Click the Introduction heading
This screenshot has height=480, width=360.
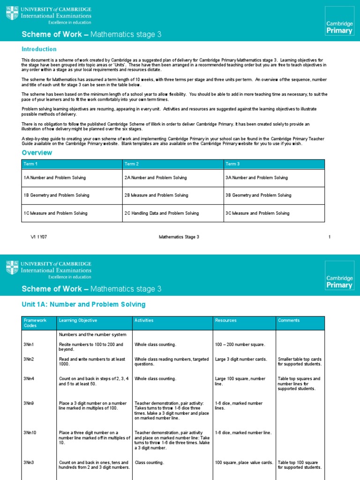[x=39, y=49]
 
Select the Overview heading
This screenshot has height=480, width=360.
[x=37, y=153]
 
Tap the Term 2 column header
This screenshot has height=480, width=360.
[x=132, y=164]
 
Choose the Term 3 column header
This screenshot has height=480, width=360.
[x=233, y=164]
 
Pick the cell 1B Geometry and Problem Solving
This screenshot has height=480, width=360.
[x=56, y=195]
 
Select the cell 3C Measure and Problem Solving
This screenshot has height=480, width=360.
[x=257, y=213]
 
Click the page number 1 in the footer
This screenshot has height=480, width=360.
[x=330, y=237]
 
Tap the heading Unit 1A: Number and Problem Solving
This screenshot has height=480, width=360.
[x=84, y=305]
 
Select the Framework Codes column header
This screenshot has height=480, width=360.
[x=35, y=323]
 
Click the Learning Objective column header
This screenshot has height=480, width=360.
[x=78, y=321]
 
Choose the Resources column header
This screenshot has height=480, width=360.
[x=225, y=321]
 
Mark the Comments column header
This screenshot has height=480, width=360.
[x=288, y=321]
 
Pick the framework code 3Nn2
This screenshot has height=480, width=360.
[x=30, y=360]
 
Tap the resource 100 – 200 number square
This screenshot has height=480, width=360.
[x=240, y=345]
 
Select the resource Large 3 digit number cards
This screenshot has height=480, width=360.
[x=241, y=360]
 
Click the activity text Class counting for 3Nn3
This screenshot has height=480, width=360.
[x=150, y=463]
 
